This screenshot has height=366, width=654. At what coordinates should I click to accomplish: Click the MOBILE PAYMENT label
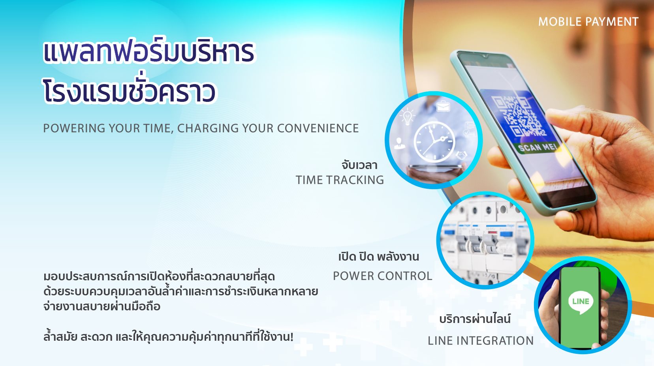(x=588, y=22)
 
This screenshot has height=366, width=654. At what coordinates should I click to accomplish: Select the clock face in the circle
(x=434, y=142)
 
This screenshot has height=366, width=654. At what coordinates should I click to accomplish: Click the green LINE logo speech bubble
(x=581, y=302)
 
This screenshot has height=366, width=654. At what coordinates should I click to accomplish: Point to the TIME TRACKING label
(x=340, y=180)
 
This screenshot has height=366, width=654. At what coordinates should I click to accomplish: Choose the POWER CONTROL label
(x=382, y=276)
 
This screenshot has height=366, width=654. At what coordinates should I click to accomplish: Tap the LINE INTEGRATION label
(x=480, y=341)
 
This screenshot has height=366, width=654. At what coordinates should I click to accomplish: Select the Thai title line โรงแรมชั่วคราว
(x=129, y=92)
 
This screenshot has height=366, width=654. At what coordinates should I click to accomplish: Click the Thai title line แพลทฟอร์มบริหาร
(x=148, y=52)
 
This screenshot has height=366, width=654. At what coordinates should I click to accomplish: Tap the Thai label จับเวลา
(x=359, y=165)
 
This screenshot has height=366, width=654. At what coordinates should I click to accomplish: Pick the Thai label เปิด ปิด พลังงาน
(x=378, y=257)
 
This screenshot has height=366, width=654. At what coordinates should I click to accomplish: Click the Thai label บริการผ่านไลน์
(x=475, y=319)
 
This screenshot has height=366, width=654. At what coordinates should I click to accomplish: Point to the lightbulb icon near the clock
(x=407, y=117)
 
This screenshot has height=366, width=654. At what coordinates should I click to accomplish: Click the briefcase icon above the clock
(x=443, y=107)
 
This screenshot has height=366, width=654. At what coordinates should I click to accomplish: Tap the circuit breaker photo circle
(x=485, y=240)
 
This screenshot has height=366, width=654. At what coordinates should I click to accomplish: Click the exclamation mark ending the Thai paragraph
(x=291, y=337)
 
